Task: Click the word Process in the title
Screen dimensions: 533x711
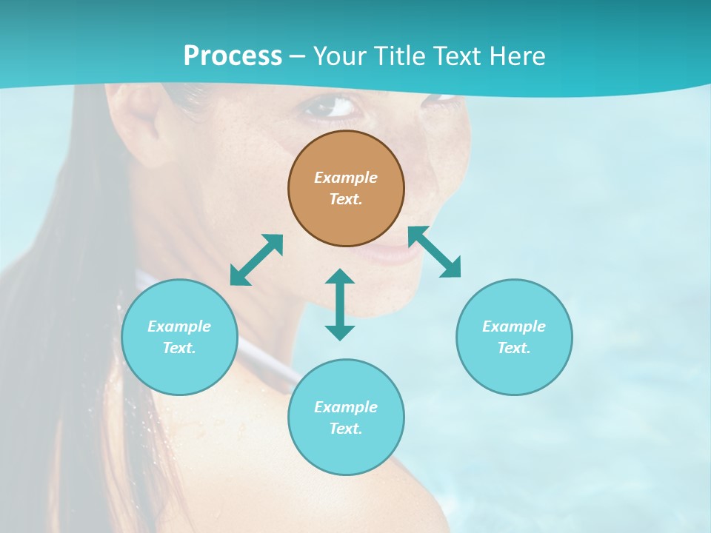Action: coord(233,56)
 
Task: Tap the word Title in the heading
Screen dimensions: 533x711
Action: coord(400,56)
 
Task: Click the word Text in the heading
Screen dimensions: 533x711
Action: coord(458,56)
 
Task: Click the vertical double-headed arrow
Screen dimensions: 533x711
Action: coord(340,304)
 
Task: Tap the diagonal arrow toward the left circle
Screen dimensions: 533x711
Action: coord(256,260)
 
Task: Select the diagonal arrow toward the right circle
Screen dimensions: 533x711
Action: coord(435,252)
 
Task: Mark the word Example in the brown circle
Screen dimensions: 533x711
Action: coord(346,178)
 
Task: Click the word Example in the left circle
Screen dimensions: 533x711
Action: coord(179,326)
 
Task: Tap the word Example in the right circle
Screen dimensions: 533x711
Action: coord(514,326)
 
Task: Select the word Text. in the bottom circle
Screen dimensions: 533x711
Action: coord(346,429)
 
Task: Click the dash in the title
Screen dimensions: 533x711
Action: coord(298,56)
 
